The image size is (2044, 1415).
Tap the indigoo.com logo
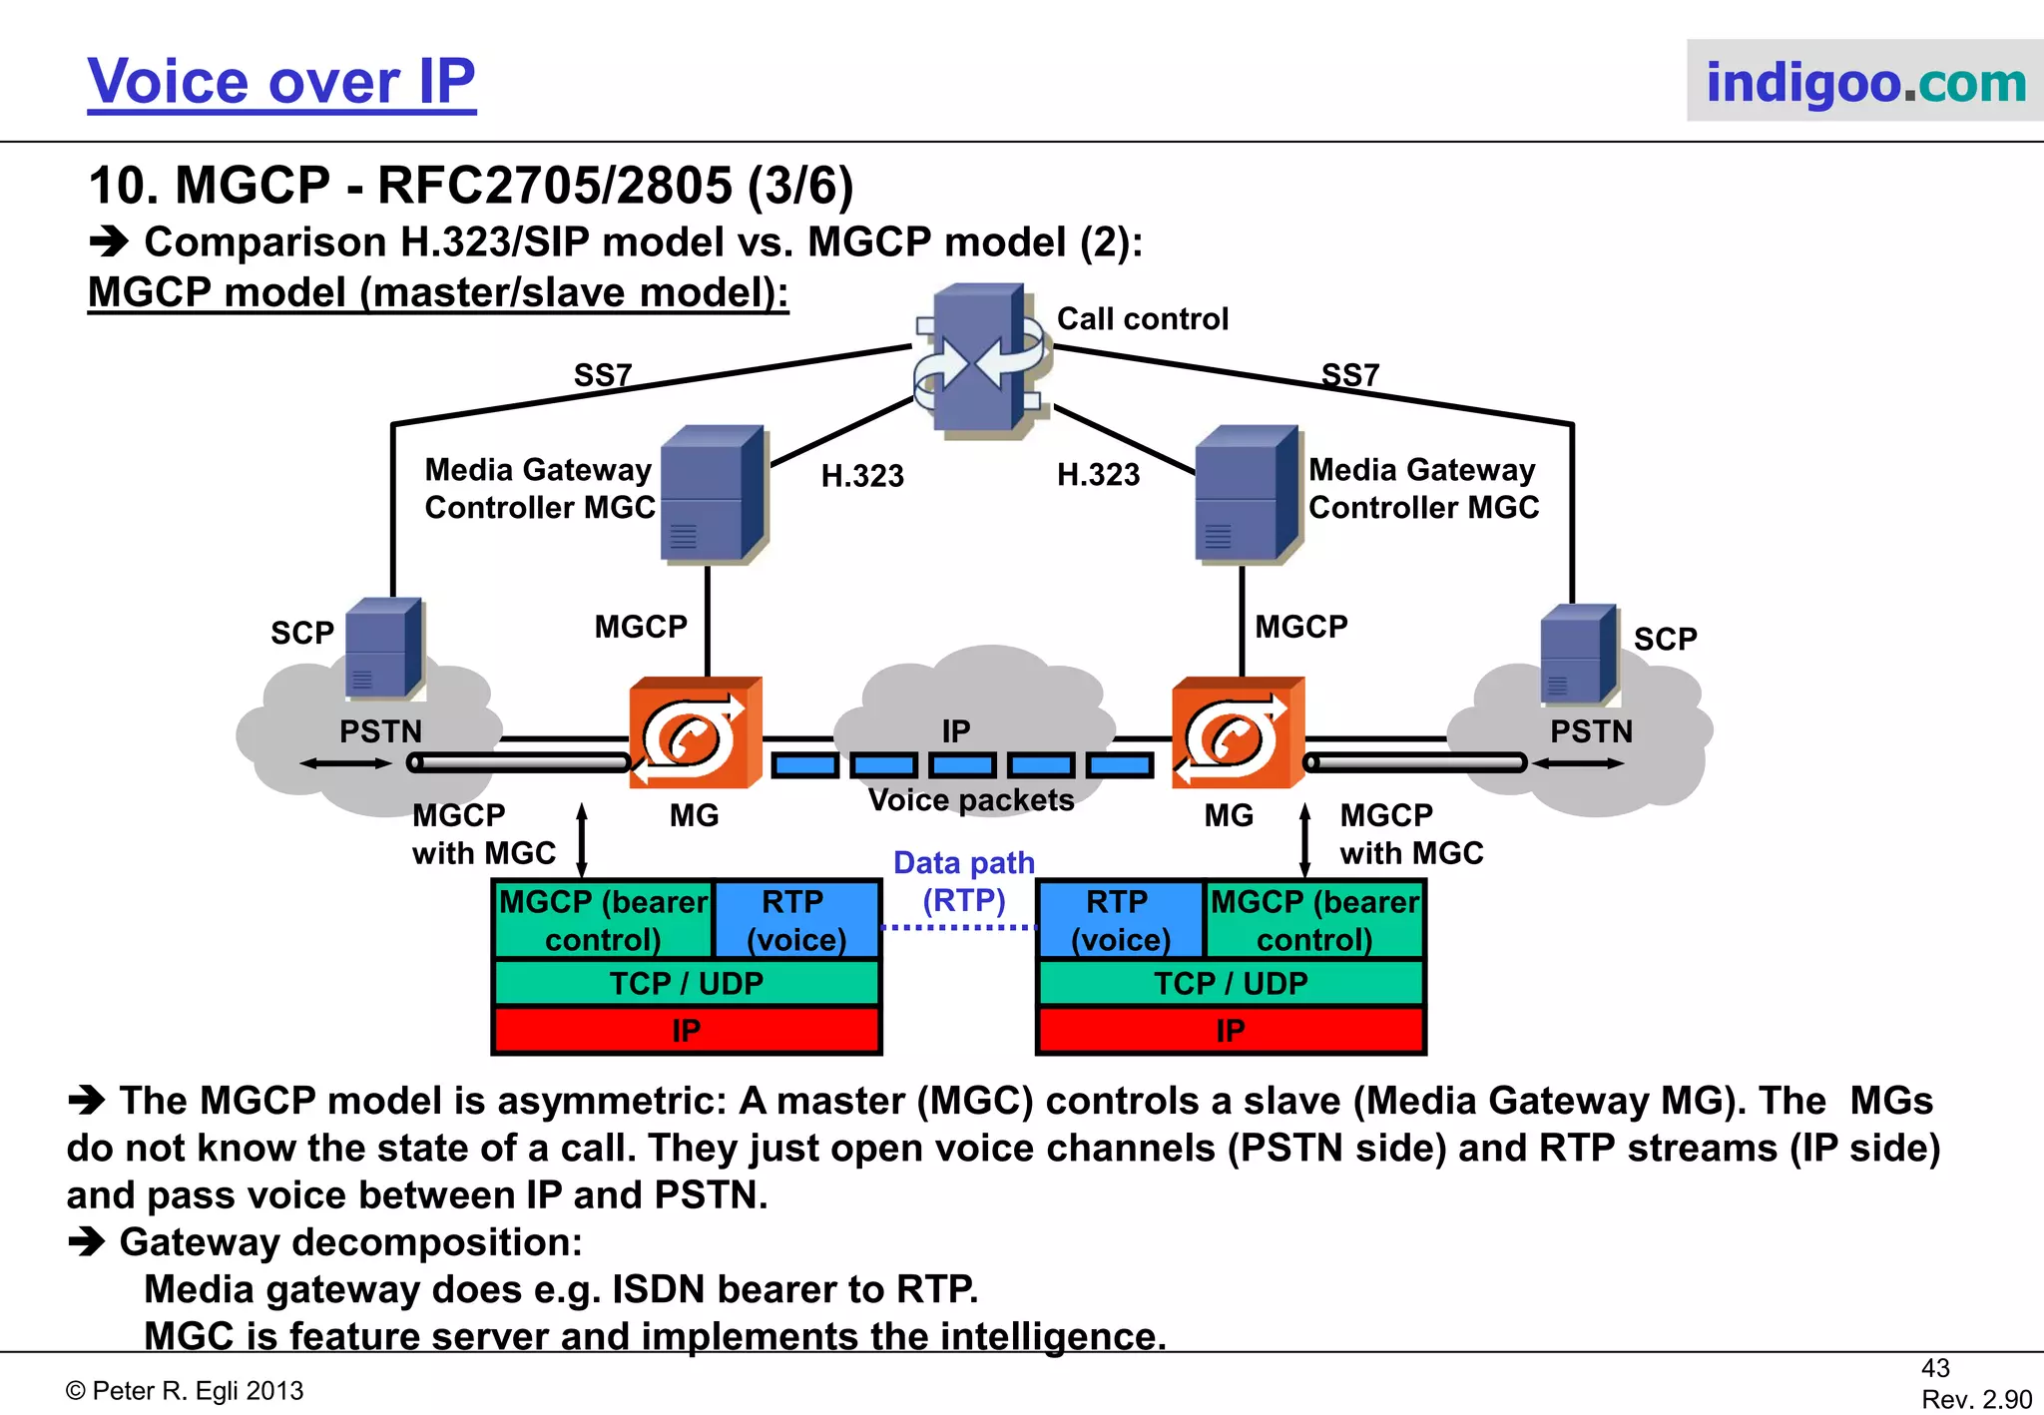(1864, 82)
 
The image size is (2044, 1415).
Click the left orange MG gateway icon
(695, 733)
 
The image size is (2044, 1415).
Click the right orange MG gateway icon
(1238, 733)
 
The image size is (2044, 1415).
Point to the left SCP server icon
(383, 649)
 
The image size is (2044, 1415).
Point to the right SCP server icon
(1578, 655)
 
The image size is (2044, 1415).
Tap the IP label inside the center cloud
(956, 731)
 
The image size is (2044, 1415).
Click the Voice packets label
(971, 800)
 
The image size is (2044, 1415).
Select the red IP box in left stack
(687, 1031)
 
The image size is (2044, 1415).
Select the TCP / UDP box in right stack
(1231, 984)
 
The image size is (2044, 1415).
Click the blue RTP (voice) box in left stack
(796, 920)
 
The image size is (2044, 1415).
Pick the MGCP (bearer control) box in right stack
(1314, 920)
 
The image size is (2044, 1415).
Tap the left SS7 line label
(603, 375)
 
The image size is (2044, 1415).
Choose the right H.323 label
(1098, 475)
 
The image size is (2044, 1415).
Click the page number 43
(1934, 1368)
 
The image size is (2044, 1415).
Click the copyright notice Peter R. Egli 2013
(185, 1391)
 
